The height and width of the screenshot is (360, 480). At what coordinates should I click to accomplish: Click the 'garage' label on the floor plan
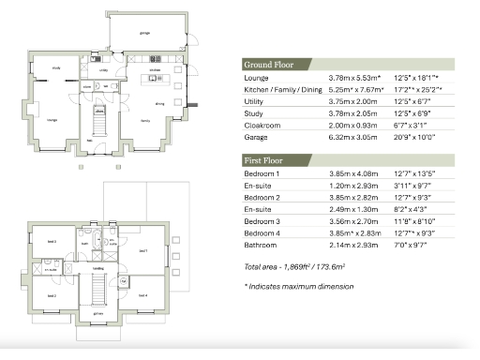tap(143, 33)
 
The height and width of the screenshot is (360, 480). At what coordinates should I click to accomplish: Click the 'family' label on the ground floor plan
tap(146, 121)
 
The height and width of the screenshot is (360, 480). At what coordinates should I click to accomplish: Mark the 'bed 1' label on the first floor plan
tap(142, 251)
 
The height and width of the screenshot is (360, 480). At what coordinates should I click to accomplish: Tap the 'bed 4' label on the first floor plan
tap(143, 295)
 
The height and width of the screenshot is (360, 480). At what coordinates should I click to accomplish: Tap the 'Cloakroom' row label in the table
tap(250, 122)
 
